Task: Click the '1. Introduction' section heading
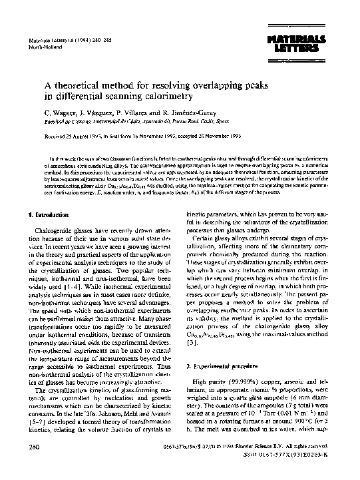(x=48, y=214)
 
